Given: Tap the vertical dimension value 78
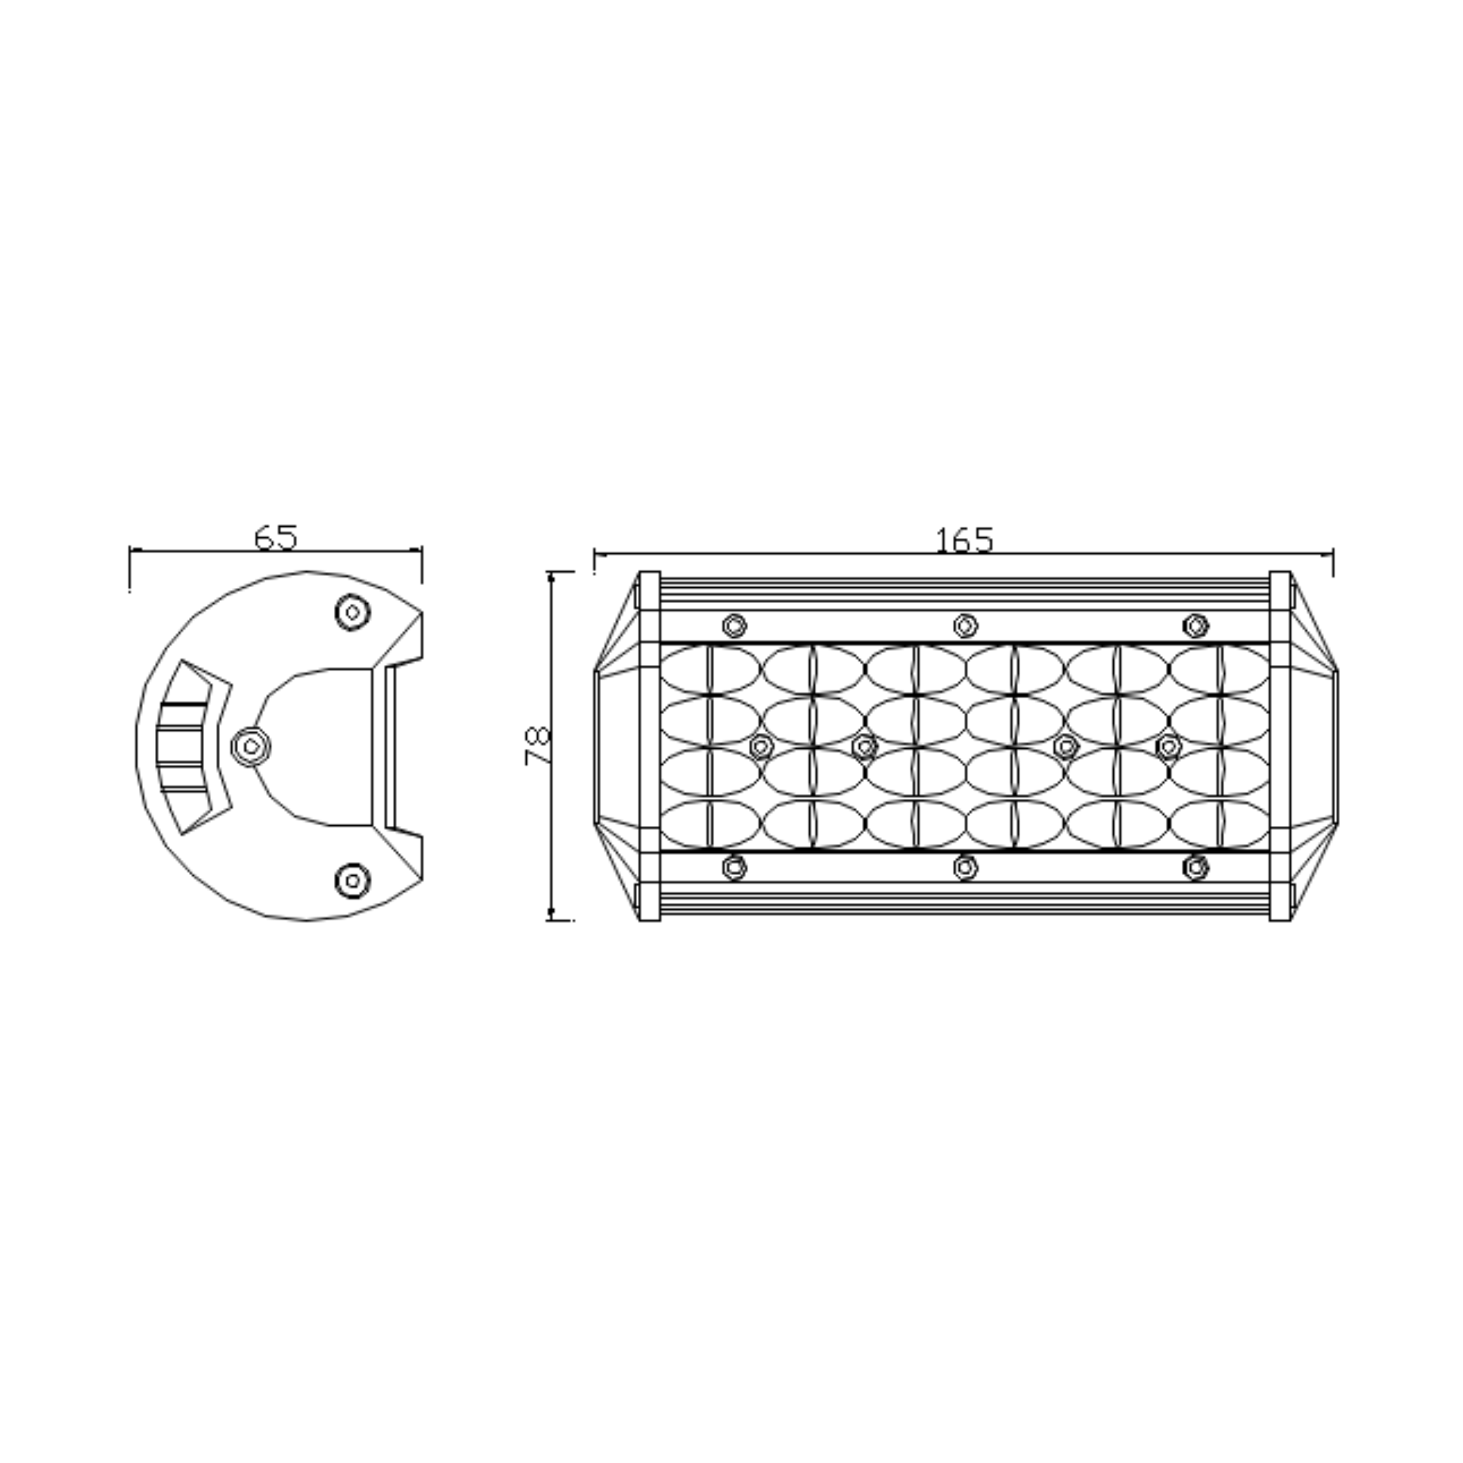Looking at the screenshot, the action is [537, 746].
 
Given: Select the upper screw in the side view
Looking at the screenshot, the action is [352, 612].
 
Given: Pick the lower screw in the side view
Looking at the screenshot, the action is [352, 880].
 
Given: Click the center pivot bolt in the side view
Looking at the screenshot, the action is [251, 747].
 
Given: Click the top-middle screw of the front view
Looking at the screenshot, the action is [965, 626].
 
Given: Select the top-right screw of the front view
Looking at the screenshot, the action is [1196, 626].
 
